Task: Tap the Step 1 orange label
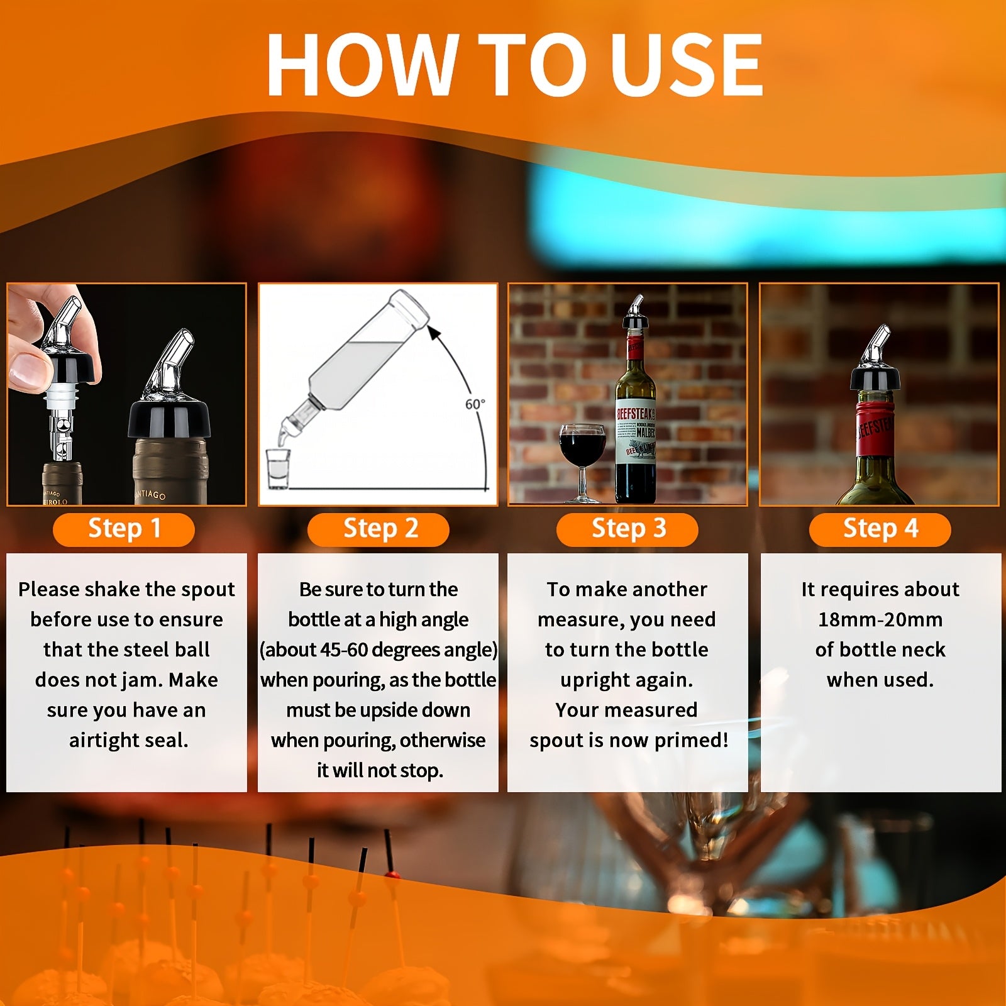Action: [124, 529]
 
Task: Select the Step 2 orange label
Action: [379, 529]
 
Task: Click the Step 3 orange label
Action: [627, 529]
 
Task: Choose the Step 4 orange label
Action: [880, 529]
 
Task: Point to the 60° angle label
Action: [475, 404]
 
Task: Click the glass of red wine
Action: [582, 462]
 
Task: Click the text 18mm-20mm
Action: [880, 620]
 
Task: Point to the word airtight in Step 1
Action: [105, 741]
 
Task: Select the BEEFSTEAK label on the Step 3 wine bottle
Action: [636, 414]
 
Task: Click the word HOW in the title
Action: [363, 65]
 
